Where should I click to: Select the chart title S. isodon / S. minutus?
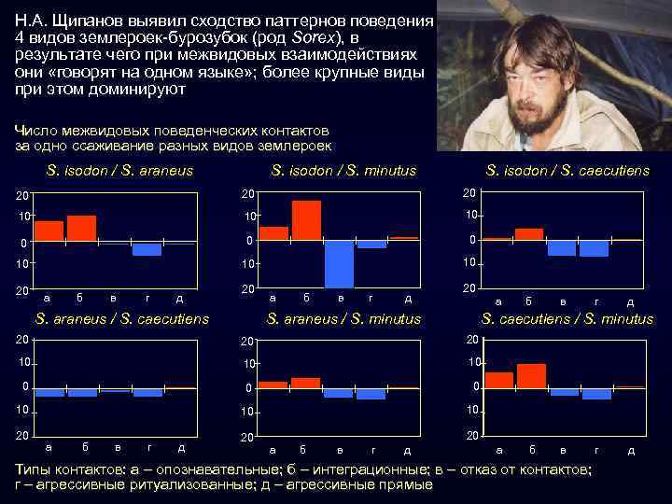(x=343, y=171)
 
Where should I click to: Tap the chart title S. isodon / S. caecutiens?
(x=567, y=171)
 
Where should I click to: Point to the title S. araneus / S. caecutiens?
(x=121, y=319)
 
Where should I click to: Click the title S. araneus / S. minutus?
(x=343, y=319)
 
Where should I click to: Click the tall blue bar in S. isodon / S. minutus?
(x=339, y=263)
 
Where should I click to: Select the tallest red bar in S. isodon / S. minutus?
(x=306, y=220)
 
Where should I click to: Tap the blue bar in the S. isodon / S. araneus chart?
(x=147, y=249)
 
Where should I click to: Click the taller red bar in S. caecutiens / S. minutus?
(x=531, y=376)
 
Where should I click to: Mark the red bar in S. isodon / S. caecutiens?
(x=529, y=234)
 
